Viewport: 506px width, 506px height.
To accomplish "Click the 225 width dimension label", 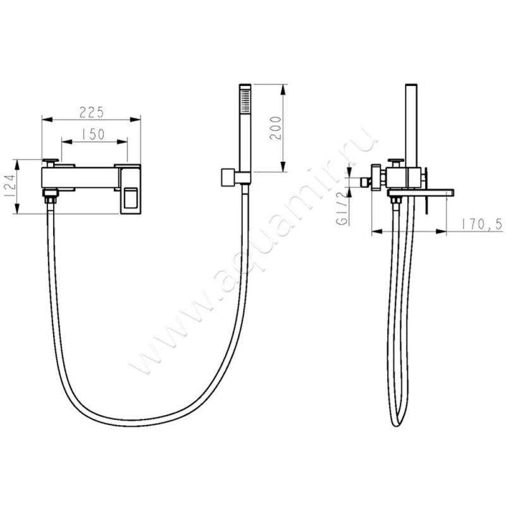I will (x=92, y=111).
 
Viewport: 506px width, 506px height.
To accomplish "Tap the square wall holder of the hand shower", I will (x=228, y=178).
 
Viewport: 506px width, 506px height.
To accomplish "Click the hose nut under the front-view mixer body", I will (x=49, y=200).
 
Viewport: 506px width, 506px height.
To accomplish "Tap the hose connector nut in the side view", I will (x=397, y=201).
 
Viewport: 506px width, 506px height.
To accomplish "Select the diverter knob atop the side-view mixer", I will (x=397, y=159).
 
